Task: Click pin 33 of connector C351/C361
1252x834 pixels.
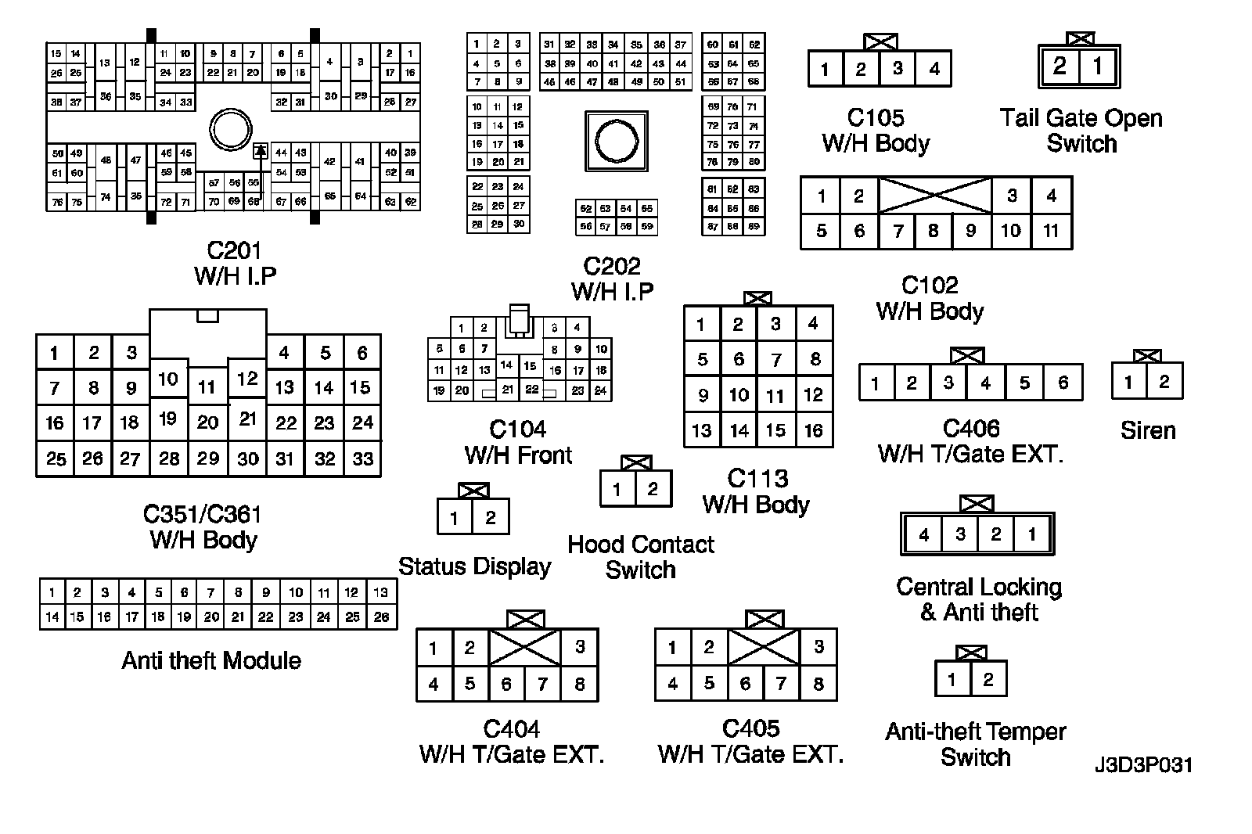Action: click(362, 458)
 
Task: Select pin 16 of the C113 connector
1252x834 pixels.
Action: click(814, 430)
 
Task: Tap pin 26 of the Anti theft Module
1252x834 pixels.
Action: click(381, 617)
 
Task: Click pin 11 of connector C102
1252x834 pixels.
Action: click(1051, 231)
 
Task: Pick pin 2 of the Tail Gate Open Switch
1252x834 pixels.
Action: click(1060, 66)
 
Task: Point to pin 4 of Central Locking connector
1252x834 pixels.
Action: click(924, 534)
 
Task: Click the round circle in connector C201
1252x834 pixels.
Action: click(231, 130)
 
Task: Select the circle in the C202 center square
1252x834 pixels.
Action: click(617, 142)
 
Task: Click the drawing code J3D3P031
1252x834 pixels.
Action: click(1143, 764)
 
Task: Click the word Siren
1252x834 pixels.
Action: click(1148, 430)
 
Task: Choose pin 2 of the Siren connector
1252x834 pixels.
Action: click(1164, 382)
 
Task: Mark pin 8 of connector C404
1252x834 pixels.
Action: click(580, 684)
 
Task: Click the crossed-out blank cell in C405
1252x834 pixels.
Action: click(764, 647)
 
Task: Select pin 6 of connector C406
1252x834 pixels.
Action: click(1063, 383)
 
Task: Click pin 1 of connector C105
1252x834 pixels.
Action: click(825, 69)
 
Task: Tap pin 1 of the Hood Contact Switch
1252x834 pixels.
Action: click(617, 490)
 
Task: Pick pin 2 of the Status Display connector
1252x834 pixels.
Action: click(491, 517)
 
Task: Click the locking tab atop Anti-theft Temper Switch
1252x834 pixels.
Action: click(971, 653)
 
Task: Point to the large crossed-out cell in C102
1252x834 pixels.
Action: click(935, 195)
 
